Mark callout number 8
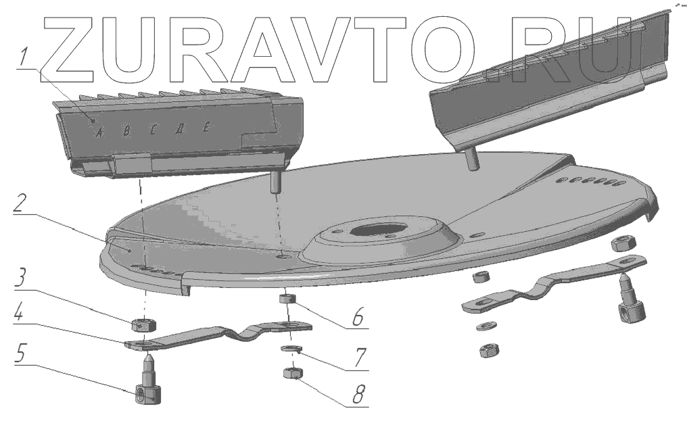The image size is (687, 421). [x=357, y=393]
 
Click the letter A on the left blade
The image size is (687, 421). [x=99, y=132]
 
